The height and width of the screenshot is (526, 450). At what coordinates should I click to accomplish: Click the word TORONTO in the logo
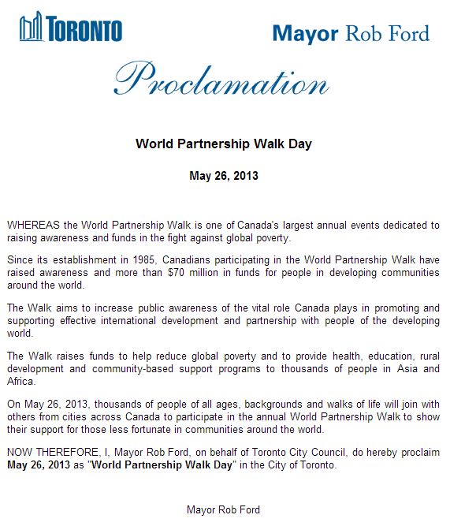click(x=84, y=31)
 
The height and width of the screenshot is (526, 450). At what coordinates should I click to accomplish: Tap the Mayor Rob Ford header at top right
click(x=351, y=33)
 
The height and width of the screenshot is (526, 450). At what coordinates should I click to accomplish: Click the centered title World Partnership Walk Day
click(x=224, y=144)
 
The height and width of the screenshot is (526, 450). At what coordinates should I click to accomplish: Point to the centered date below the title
click(x=224, y=175)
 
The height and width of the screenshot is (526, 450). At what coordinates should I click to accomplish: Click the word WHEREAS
click(x=32, y=226)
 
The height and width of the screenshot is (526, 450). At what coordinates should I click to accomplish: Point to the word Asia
click(x=403, y=368)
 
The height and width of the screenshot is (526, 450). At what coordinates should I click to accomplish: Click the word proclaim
click(x=418, y=453)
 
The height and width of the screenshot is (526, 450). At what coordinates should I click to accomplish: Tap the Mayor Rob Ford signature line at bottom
click(x=223, y=509)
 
